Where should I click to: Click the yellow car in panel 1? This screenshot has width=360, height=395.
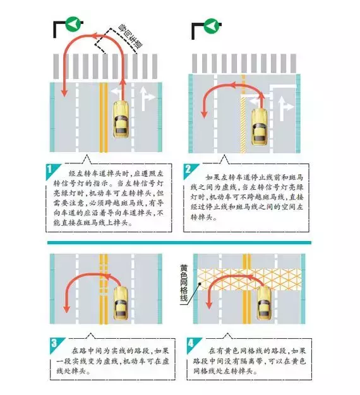(x=121, y=119)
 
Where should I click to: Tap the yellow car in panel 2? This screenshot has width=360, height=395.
(x=260, y=127)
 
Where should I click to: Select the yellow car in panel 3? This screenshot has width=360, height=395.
(x=121, y=304)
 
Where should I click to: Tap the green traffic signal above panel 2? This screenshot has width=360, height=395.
(x=212, y=26)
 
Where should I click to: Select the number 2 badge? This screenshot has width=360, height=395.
(x=188, y=169)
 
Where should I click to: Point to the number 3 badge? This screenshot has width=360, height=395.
(x=54, y=343)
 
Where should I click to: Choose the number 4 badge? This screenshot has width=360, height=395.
(x=191, y=343)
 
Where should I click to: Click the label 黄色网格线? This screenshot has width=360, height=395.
(x=184, y=283)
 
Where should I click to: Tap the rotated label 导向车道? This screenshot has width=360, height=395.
(x=131, y=37)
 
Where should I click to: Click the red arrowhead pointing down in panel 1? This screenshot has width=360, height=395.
(x=64, y=93)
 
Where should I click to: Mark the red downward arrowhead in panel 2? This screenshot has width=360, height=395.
(x=204, y=114)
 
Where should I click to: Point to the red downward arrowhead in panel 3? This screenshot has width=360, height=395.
(x=66, y=309)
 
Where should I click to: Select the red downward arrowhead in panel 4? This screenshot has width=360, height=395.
(x=209, y=305)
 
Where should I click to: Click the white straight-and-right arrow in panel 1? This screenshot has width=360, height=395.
(x=147, y=98)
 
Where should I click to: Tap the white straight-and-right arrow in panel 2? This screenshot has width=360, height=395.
(x=285, y=108)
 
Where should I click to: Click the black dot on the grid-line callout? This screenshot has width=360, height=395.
(x=200, y=283)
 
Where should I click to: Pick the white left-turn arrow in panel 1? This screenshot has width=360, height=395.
(x=117, y=92)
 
